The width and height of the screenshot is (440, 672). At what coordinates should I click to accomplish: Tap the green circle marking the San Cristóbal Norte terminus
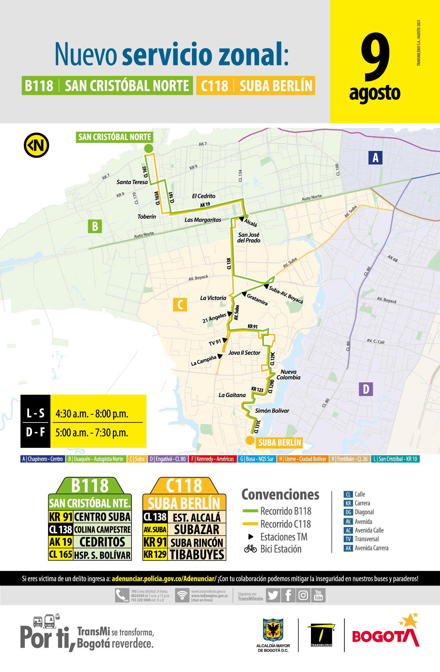[148, 148]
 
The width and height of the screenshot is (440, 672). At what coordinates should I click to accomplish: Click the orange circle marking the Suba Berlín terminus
[250, 441]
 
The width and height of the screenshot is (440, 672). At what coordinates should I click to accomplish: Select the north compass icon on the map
[36, 145]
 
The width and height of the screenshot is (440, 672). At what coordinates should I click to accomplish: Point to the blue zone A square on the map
[375, 157]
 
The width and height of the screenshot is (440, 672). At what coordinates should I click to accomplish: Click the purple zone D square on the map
[366, 389]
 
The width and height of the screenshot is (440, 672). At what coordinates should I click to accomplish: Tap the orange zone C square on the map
[180, 304]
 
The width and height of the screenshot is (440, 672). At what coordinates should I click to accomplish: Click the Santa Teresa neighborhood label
[132, 182]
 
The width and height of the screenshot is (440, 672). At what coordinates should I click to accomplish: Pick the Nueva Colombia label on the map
[288, 374]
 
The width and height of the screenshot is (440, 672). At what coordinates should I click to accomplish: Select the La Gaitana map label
[232, 395]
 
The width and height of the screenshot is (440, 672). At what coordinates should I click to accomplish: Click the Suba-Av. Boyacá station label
[286, 295]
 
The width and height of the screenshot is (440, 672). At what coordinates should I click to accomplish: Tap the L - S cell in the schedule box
[35, 413]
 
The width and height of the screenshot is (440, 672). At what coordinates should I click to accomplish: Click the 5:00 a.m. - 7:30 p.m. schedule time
[92, 432]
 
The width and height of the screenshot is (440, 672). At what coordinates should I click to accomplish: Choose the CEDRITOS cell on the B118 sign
[102, 542]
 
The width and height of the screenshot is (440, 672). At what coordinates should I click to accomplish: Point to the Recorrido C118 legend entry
[285, 524]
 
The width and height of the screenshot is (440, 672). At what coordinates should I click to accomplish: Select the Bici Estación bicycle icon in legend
[250, 549]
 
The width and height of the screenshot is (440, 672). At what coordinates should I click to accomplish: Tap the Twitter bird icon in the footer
[273, 595]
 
